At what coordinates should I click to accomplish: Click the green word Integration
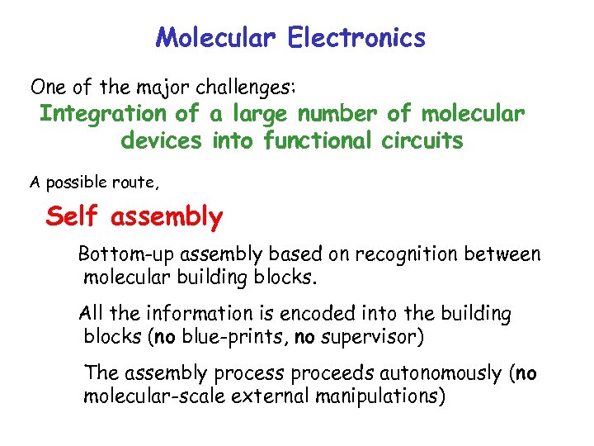pos(103,114)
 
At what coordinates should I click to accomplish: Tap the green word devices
pos(161,141)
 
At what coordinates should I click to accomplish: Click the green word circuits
pos(422,141)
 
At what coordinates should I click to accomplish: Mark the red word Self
pos(73,217)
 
